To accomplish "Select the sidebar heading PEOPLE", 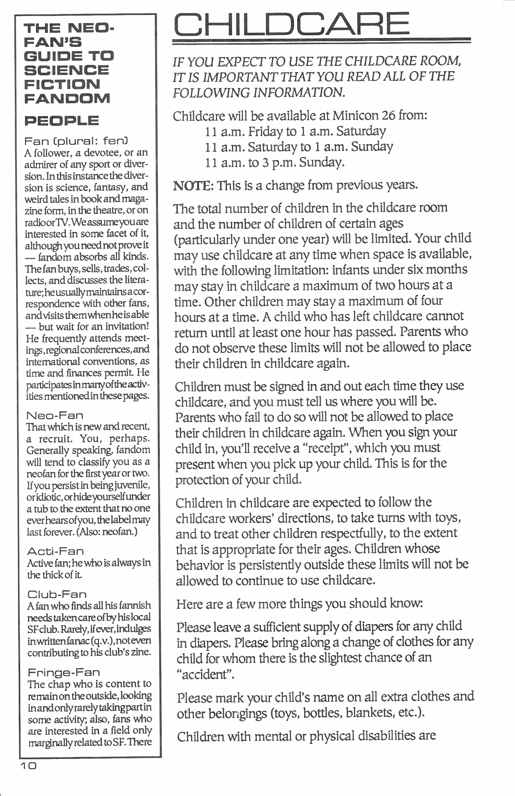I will click(61, 121).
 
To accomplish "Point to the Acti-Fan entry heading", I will click(56, 551).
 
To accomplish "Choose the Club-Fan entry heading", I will click(57, 594).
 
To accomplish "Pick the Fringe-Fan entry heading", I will click(64, 672).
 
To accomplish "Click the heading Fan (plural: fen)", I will click(76, 141).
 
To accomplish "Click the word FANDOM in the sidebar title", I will click(67, 98).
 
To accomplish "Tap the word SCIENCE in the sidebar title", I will click(66, 70).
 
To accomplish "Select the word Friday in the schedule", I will click(266, 131).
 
